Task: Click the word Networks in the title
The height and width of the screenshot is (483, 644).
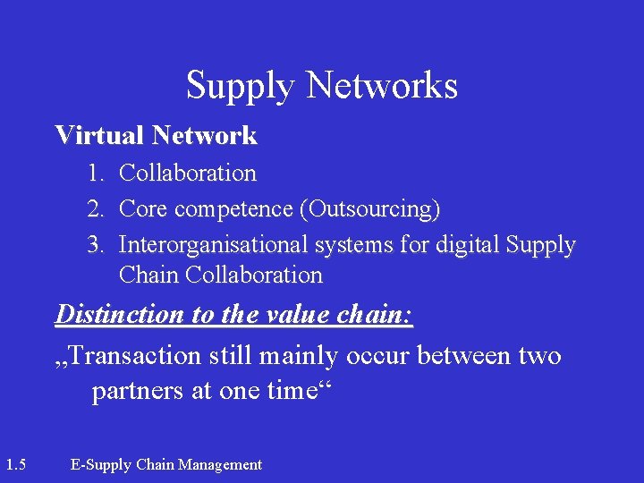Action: (382, 86)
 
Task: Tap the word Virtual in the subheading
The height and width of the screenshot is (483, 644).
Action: (99, 136)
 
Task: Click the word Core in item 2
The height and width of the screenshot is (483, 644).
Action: (144, 209)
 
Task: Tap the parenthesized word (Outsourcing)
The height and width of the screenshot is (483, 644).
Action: (369, 209)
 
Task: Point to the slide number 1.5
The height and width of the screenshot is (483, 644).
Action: (15, 464)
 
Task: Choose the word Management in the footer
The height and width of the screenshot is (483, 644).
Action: (220, 464)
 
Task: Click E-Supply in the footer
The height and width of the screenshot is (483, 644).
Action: (100, 464)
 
